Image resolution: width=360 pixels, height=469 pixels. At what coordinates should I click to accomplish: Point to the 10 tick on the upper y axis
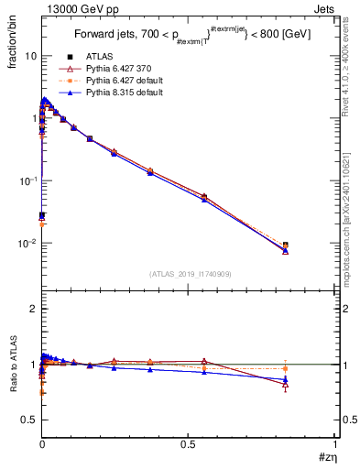(x=30, y=56)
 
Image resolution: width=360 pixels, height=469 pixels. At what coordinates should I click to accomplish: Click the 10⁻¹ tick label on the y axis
(x=27, y=181)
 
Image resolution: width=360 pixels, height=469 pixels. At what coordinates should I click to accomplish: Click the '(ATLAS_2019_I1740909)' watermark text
(x=189, y=273)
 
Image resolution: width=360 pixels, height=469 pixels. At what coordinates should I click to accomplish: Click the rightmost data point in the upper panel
(x=285, y=246)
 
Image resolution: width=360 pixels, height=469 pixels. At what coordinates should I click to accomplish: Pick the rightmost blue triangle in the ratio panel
(x=285, y=379)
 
